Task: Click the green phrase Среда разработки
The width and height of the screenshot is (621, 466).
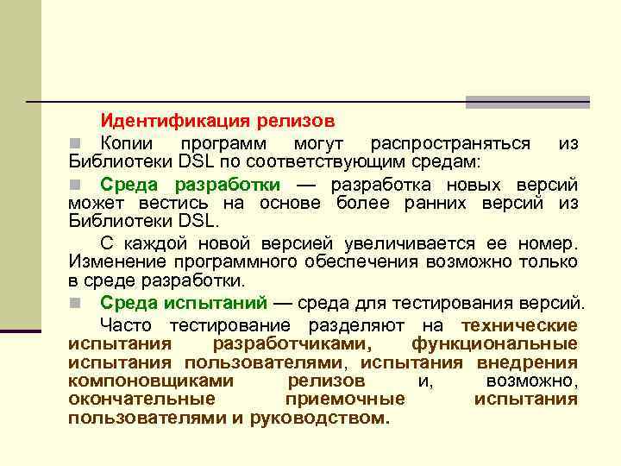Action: (x=190, y=184)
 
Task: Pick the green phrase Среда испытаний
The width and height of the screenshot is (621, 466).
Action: (x=184, y=302)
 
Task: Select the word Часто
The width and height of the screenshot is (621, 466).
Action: (x=128, y=324)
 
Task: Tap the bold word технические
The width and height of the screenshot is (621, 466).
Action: (x=519, y=324)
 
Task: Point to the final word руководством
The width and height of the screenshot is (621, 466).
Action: (x=319, y=419)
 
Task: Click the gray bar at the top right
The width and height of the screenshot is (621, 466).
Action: (x=527, y=101)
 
